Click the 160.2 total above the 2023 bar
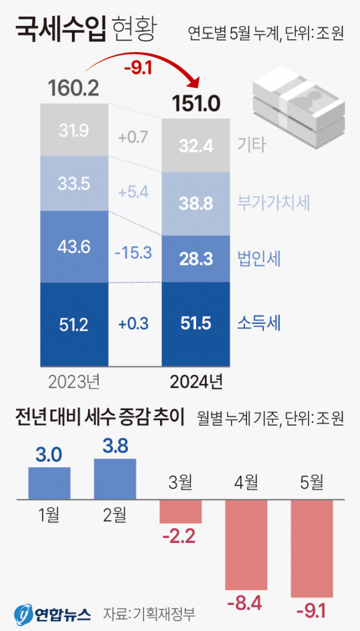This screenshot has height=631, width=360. (x=74, y=89)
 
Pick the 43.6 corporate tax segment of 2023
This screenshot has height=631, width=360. (x=74, y=246)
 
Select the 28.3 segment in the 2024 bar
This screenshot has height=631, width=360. (x=196, y=258)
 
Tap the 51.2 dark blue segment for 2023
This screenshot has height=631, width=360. (x=74, y=324)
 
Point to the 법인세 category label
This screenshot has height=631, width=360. (x=259, y=259)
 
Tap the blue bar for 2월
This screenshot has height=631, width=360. (x=115, y=478)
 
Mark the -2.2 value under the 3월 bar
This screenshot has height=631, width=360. (x=181, y=534)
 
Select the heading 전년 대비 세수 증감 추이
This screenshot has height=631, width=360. (x=100, y=419)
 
